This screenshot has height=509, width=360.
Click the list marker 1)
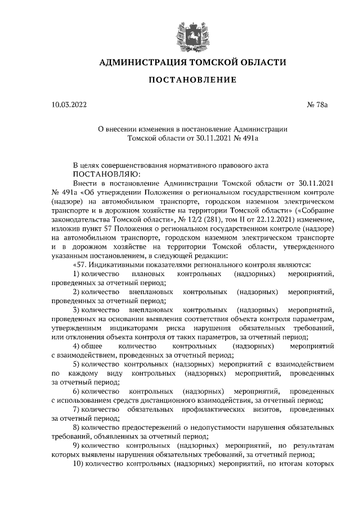[x=77, y=274]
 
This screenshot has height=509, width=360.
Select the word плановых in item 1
[x=148, y=274]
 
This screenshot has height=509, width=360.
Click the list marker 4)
[x=77, y=347]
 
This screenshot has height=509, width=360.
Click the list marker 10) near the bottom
[x=79, y=466]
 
